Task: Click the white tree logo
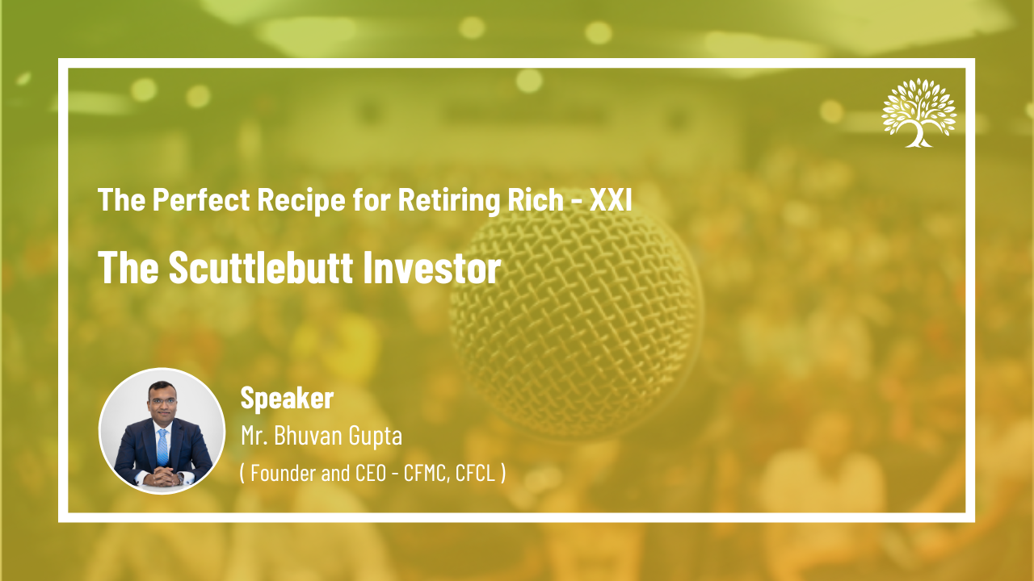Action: coord(919,113)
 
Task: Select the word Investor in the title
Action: coord(432,267)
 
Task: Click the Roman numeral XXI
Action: coord(611,199)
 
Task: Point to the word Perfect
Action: coord(201,199)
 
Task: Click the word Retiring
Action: coord(449,200)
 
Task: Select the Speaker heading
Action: coord(287,398)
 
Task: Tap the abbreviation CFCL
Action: coord(475,473)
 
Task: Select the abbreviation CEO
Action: coord(371,473)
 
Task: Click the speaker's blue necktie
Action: coord(162,447)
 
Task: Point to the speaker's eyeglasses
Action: coord(162,401)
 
